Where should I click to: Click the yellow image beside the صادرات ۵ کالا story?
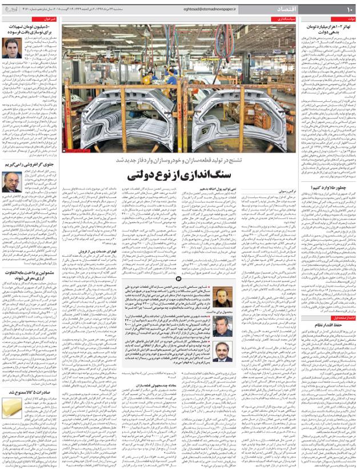tap(11, 410)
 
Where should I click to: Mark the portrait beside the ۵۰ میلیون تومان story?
tap(11, 48)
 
